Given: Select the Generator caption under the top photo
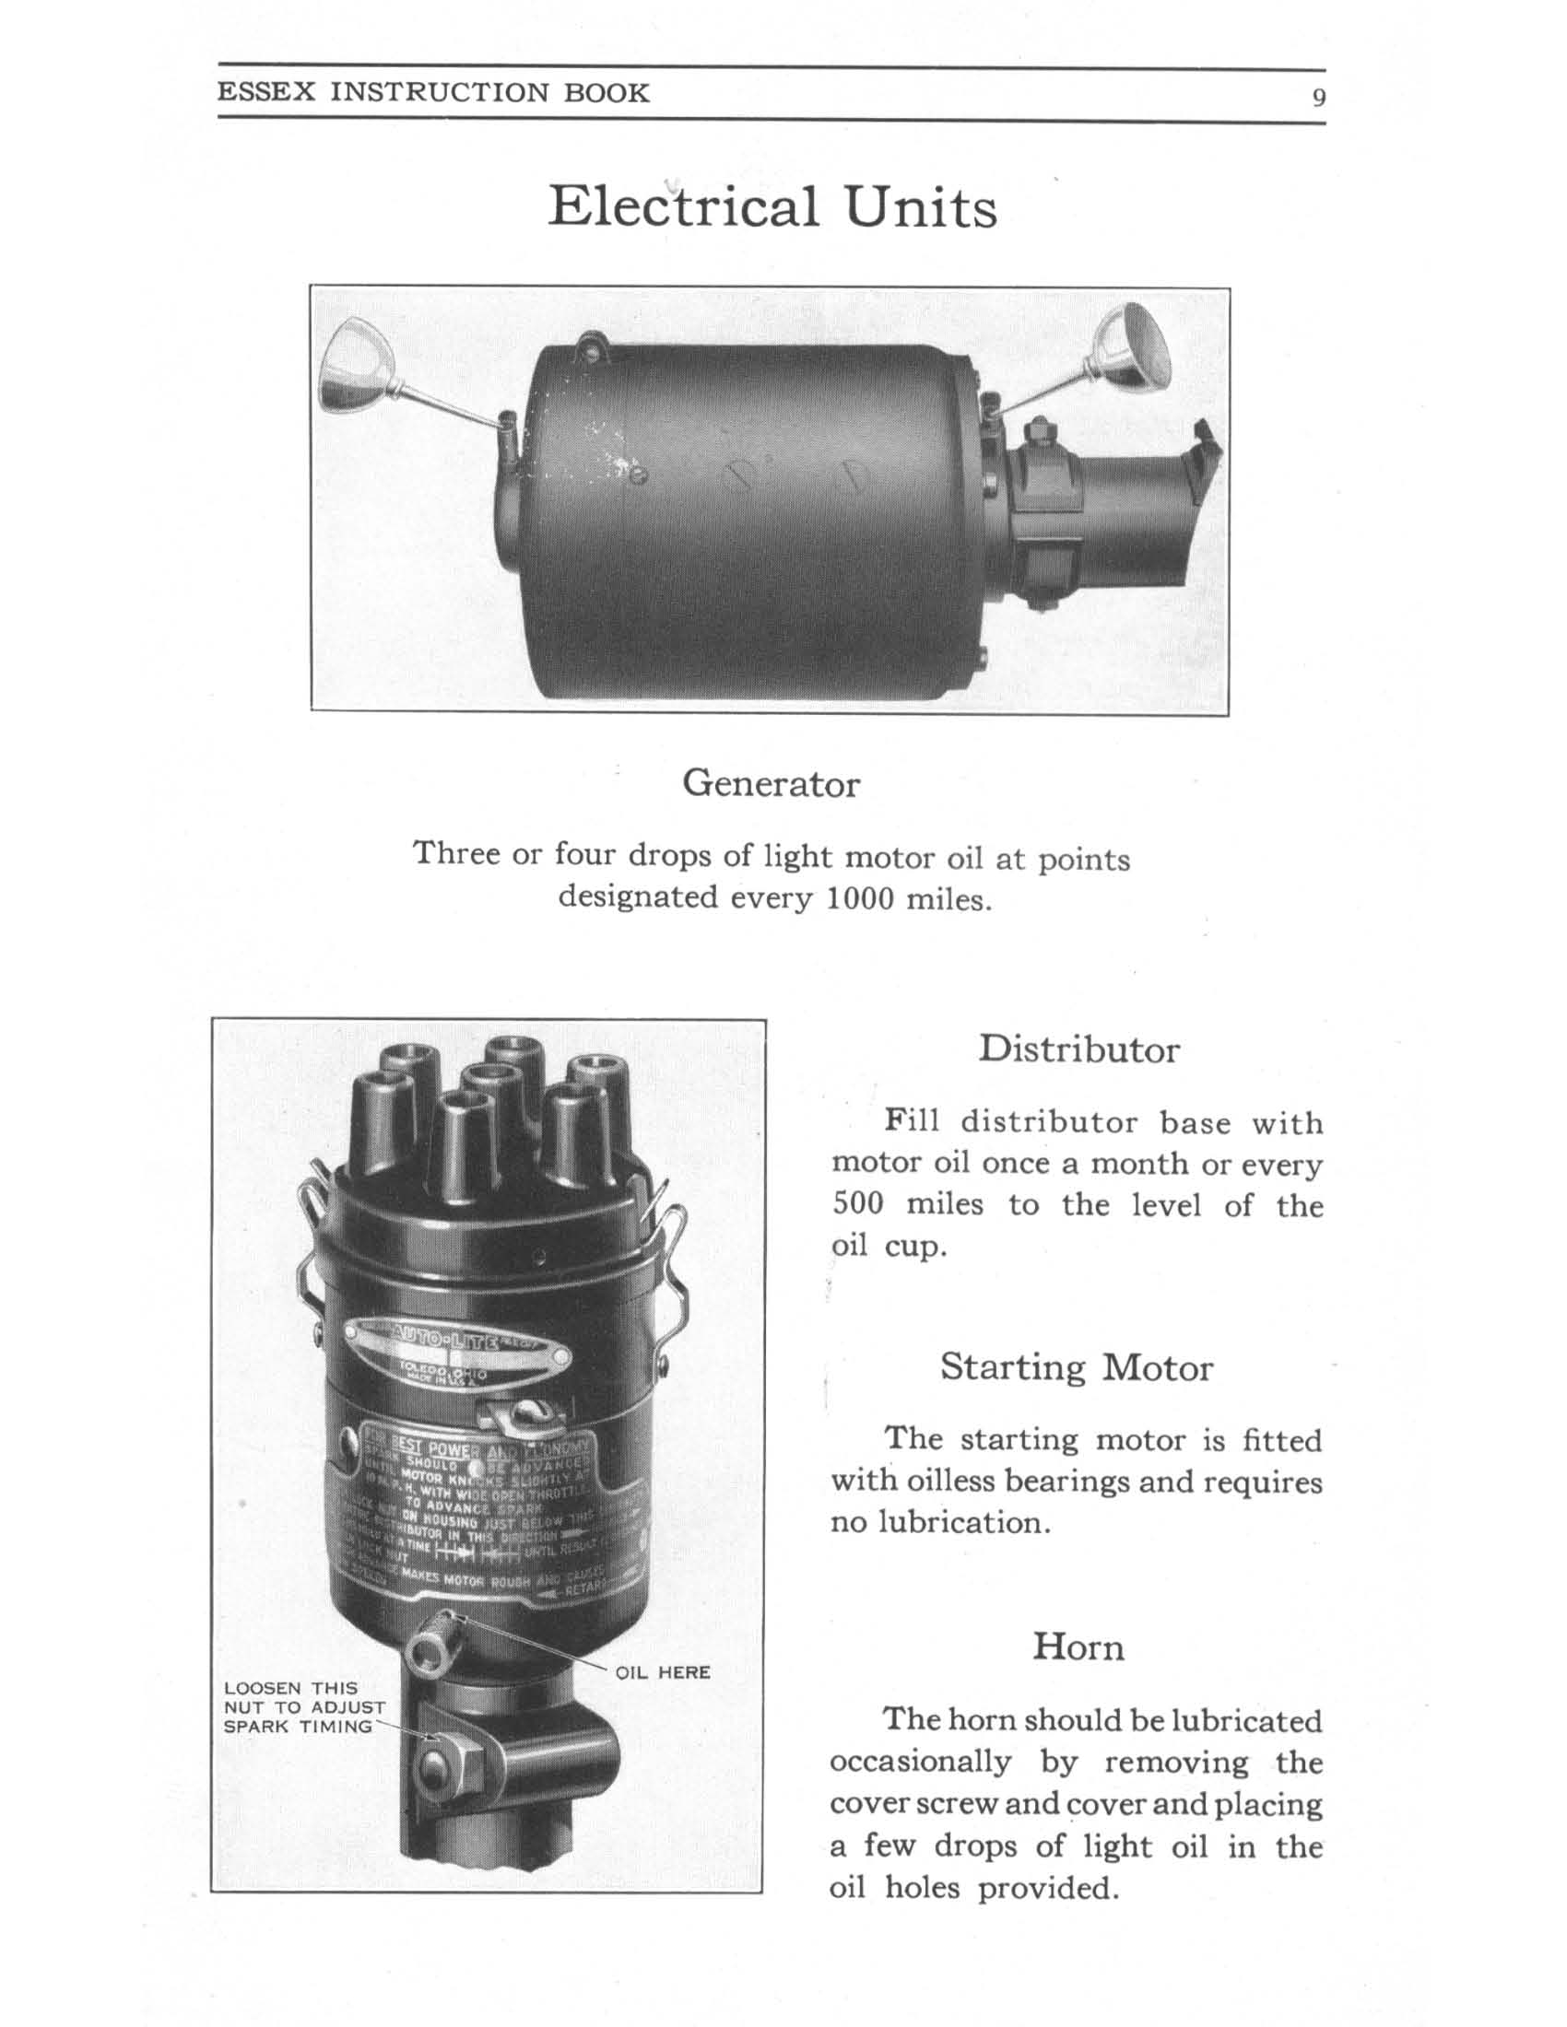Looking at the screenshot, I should (771, 784).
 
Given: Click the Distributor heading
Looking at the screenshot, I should (1078, 1049).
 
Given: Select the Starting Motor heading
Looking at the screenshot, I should (1076, 1367).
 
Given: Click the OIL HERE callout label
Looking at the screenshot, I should (663, 1672).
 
